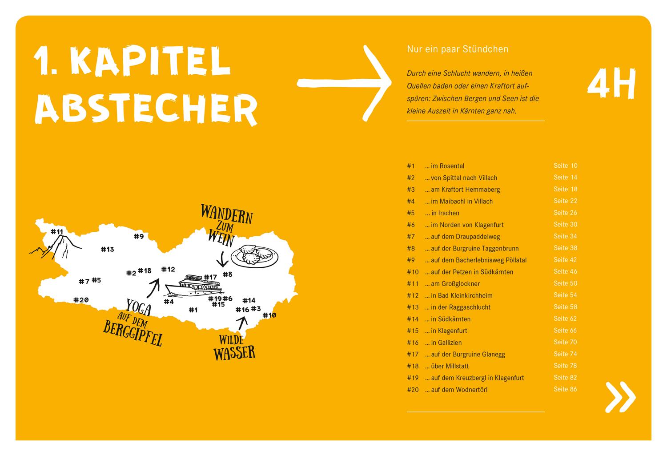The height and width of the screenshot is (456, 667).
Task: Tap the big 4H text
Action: click(x=611, y=84)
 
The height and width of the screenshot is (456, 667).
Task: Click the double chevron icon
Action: click(x=621, y=396)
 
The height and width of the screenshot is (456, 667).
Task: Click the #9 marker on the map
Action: click(x=139, y=236)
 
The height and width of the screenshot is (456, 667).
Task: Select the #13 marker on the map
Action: click(x=107, y=249)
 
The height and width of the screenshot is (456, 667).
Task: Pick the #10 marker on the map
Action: click(x=269, y=315)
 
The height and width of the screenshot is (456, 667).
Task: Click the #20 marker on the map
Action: click(x=81, y=300)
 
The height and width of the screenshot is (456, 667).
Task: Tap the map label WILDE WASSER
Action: click(x=234, y=347)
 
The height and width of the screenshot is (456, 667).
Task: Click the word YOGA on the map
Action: click(x=139, y=307)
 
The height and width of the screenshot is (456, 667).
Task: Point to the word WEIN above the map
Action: click(x=221, y=240)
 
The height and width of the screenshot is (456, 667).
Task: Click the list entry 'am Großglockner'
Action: click(x=455, y=284)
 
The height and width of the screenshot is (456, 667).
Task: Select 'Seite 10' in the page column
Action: click(x=565, y=165)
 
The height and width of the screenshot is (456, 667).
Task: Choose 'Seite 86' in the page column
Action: click(x=565, y=389)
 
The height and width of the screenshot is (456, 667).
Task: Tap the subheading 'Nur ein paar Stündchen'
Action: click(x=457, y=49)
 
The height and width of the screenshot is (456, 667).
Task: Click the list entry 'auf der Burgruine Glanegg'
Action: click(x=468, y=355)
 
